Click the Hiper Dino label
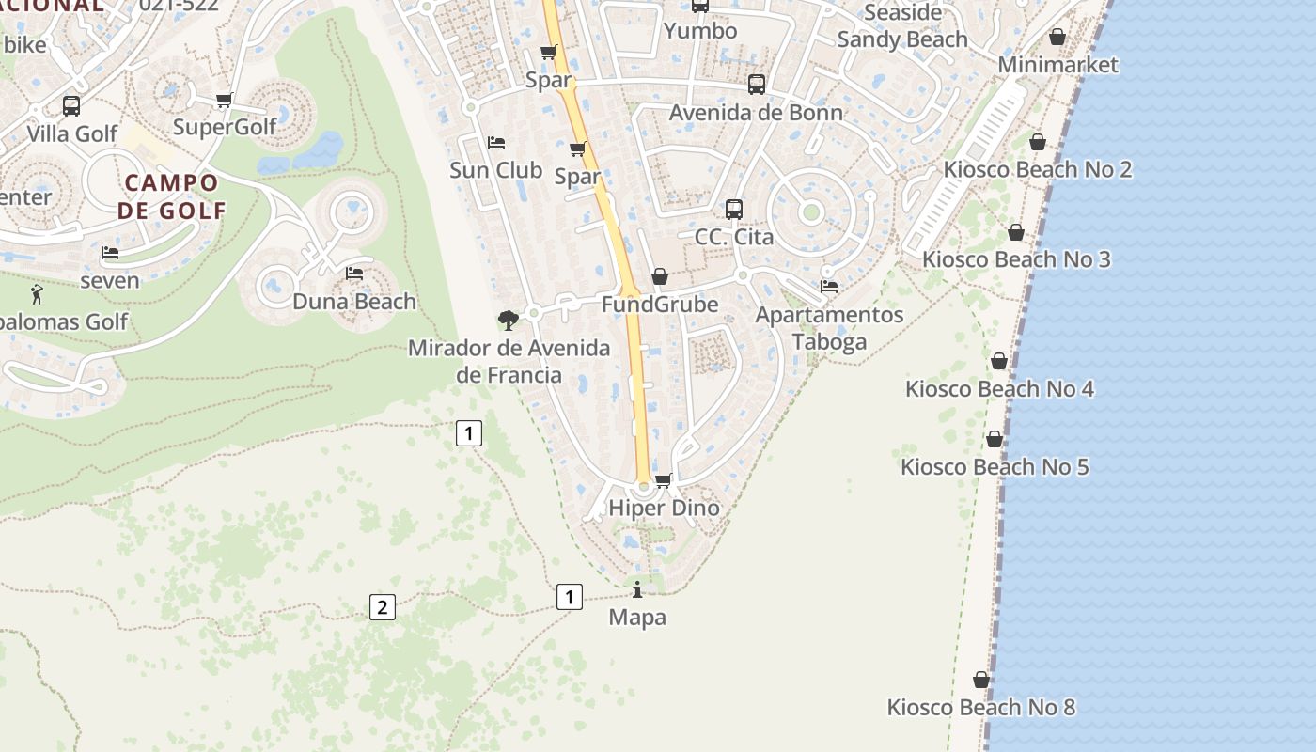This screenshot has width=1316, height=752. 664,508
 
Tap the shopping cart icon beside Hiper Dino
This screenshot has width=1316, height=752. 663,480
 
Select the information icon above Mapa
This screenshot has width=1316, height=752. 637,589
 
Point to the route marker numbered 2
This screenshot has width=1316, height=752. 382,607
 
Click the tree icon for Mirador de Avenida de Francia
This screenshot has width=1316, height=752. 509,321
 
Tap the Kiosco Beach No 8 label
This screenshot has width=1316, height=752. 980,707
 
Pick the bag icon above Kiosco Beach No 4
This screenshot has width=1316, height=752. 999,361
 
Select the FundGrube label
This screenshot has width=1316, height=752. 659,304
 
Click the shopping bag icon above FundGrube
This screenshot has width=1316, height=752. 660,276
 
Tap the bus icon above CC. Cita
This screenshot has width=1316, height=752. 734,210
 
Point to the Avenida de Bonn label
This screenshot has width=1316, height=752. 756,113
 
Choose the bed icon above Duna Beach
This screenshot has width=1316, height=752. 354,274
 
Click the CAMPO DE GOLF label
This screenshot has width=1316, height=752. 171,196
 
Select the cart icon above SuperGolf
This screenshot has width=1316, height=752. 224,100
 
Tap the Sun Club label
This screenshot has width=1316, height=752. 495,170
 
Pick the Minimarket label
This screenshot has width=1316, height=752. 1057,65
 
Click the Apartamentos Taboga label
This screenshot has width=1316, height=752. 829,328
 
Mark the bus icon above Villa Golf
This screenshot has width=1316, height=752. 71,106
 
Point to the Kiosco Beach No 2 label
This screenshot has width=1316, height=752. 1037,170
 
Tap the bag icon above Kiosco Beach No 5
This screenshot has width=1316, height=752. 995,439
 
